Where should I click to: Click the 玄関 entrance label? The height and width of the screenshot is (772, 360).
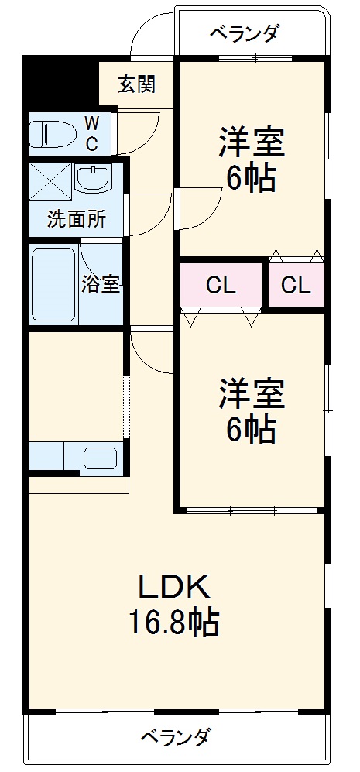[x=135, y=84]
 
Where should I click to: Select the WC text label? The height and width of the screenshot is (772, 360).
[x=91, y=132]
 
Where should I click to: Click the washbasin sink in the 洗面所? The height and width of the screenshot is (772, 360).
[x=93, y=179]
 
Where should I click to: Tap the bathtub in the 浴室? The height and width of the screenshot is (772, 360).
[x=53, y=286]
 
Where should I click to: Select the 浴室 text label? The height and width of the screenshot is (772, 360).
[x=101, y=283]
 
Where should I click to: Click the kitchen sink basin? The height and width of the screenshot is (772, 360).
[x=99, y=458]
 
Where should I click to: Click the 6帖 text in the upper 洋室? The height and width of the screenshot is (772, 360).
[x=250, y=179]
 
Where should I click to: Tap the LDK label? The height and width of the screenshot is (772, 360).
[x=173, y=588]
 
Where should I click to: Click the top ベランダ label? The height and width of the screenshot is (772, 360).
[x=245, y=33]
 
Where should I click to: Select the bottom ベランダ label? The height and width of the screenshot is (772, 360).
[x=175, y=736]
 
